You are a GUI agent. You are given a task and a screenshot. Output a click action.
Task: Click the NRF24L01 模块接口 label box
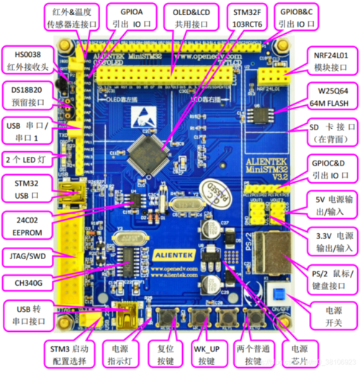click(331, 62)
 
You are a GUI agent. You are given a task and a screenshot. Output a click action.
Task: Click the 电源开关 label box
click(333, 319)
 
